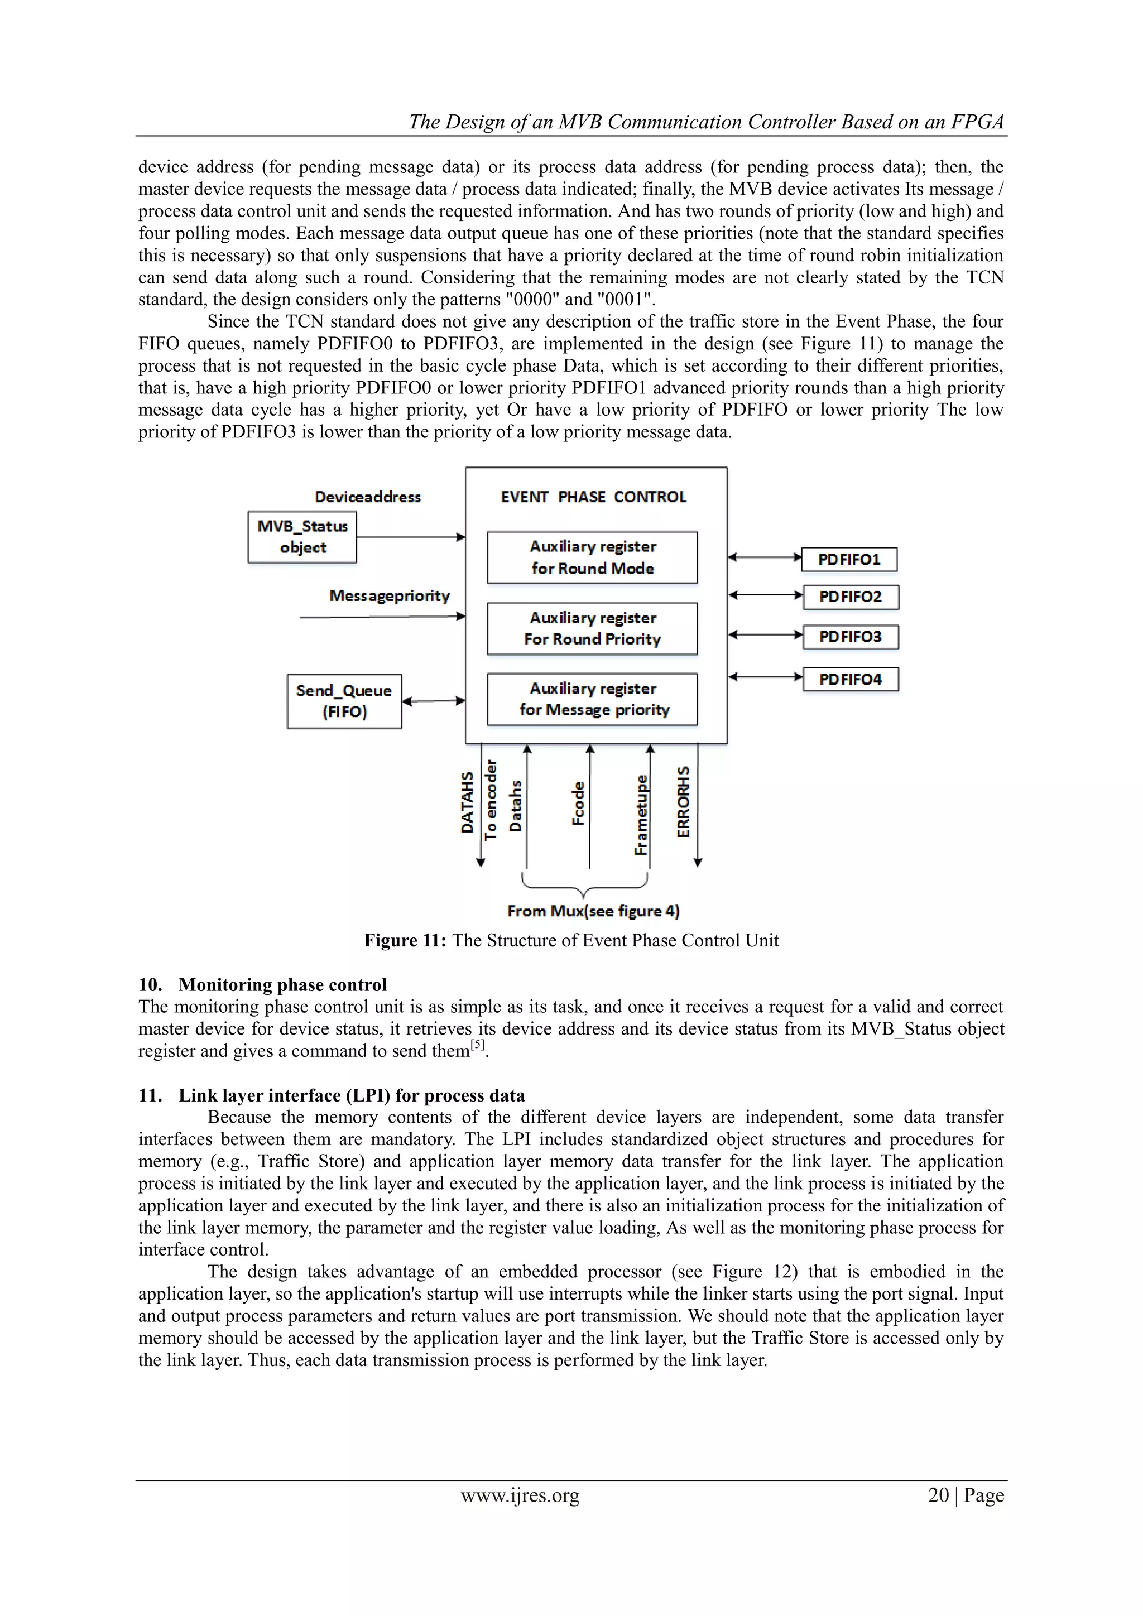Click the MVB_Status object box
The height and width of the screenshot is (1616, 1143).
tap(302, 537)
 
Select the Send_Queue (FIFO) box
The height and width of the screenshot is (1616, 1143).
tap(344, 701)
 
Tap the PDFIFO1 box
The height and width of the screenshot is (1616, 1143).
tap(849, 560)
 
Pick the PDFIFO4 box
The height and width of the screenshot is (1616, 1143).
tap(850, 679)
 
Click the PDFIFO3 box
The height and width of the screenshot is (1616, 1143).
tap(850, 637)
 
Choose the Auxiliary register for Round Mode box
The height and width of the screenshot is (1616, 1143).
tap(593, 557)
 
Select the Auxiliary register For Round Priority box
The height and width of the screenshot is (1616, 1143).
tap(593, 628)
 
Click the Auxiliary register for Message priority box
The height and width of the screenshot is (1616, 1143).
tap(593, 699)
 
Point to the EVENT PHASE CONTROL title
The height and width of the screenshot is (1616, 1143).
tap(593, 497)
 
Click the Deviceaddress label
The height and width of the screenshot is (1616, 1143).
tap(367, 497)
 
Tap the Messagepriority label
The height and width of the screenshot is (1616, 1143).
tap(389, 595)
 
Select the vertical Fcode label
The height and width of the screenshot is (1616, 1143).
tap(578, 803)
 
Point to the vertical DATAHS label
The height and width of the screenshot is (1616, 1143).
tap(467, 802)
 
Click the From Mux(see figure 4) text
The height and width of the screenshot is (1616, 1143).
tap(593, 911)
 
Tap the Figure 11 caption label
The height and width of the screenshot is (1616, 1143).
tap(405, 940)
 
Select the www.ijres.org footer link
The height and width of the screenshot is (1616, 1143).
tap(520, 1495)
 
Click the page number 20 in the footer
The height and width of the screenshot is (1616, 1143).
tap(938, 1495)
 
